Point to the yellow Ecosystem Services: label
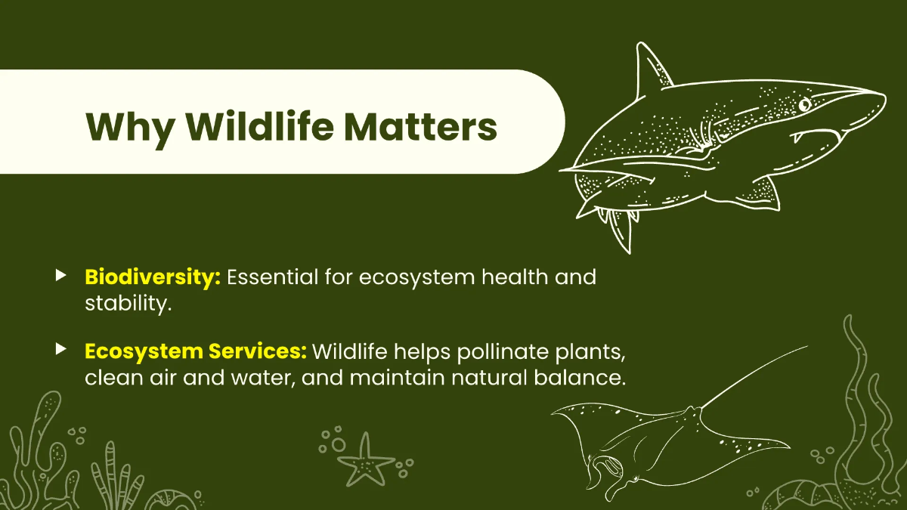(195, 351)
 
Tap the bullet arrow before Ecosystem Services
(61, 349)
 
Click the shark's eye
(804, 103)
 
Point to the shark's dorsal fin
(650, 72)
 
